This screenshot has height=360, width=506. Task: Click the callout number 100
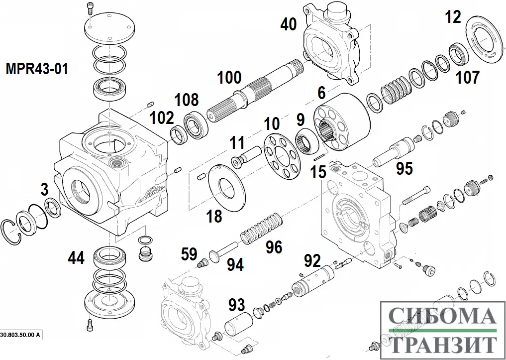tap(229, 78)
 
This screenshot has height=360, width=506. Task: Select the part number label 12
tap(453, 17)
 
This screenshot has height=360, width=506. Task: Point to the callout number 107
tap(468, 77)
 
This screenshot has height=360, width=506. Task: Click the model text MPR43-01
tap(36, 68)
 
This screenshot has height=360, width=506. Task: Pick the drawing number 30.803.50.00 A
tap(20, 335)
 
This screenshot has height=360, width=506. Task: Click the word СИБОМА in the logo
tap(441, 316)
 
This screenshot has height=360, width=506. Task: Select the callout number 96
tap(274, 247)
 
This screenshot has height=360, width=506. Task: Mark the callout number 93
tap(237, 305)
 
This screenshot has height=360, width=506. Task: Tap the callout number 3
tap(45, 189)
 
